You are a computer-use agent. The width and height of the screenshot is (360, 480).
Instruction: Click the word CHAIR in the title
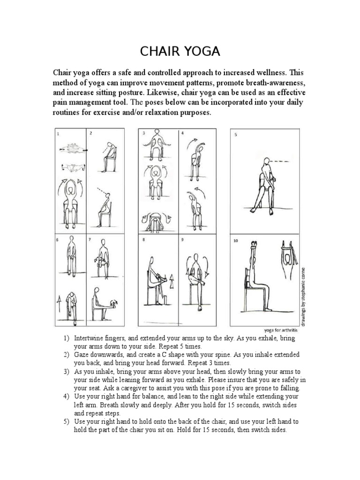click(x=159, y=51)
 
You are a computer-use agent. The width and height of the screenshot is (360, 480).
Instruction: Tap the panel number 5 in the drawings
click(x=235, y=135)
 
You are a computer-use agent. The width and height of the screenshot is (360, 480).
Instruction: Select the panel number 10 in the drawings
click(x=236, y=241)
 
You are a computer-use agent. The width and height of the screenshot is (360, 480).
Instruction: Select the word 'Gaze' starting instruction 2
click(x=82, y=354)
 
